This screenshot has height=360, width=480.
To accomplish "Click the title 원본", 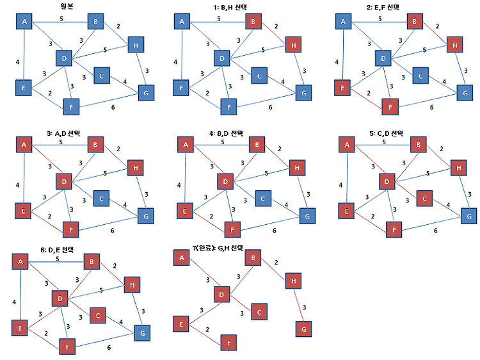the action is (67, 6).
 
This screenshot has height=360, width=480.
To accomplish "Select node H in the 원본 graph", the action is (136, 45).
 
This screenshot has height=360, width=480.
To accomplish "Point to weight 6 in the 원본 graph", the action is (113, 107).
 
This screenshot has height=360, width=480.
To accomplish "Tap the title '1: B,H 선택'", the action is (230, 7).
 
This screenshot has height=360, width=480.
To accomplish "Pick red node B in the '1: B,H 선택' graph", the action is (253, 21).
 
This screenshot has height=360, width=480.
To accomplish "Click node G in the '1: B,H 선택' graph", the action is (303, 93).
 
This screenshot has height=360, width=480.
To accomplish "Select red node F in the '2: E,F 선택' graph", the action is (390, 107).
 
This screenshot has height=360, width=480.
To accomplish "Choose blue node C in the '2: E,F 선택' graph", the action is (420, 76).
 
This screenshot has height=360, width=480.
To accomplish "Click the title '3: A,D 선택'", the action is (63, 133).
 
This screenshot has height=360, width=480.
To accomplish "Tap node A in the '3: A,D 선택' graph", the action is (24, 145).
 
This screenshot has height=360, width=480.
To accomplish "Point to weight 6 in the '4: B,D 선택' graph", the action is (275, 231).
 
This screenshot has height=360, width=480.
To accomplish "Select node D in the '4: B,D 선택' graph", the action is (225, 181).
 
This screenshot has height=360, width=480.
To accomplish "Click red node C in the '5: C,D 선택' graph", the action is (424, 199).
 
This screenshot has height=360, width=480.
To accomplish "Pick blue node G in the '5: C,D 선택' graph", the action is (469, 217).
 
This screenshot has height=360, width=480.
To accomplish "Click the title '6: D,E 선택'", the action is (57, 250).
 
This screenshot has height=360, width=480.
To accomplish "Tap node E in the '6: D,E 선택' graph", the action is (20, 328).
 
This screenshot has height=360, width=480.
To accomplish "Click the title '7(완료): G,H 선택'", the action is (218, 248).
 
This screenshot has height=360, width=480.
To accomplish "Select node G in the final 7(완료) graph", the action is (303, 329).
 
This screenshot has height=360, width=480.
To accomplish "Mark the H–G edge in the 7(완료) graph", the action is (298, 305).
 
